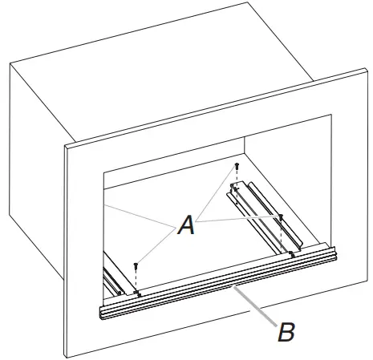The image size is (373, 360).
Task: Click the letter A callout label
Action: click(x=186, y=227)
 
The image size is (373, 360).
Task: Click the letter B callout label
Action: click(x=286, y=332)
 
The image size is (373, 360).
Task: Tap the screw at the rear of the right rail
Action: click(x=237, y=167)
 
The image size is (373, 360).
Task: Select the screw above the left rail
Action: click(x=136, y=264)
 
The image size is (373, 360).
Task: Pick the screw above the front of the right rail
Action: click(x=281, y=216)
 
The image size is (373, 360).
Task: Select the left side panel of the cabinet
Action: click(x=36, y=200)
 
